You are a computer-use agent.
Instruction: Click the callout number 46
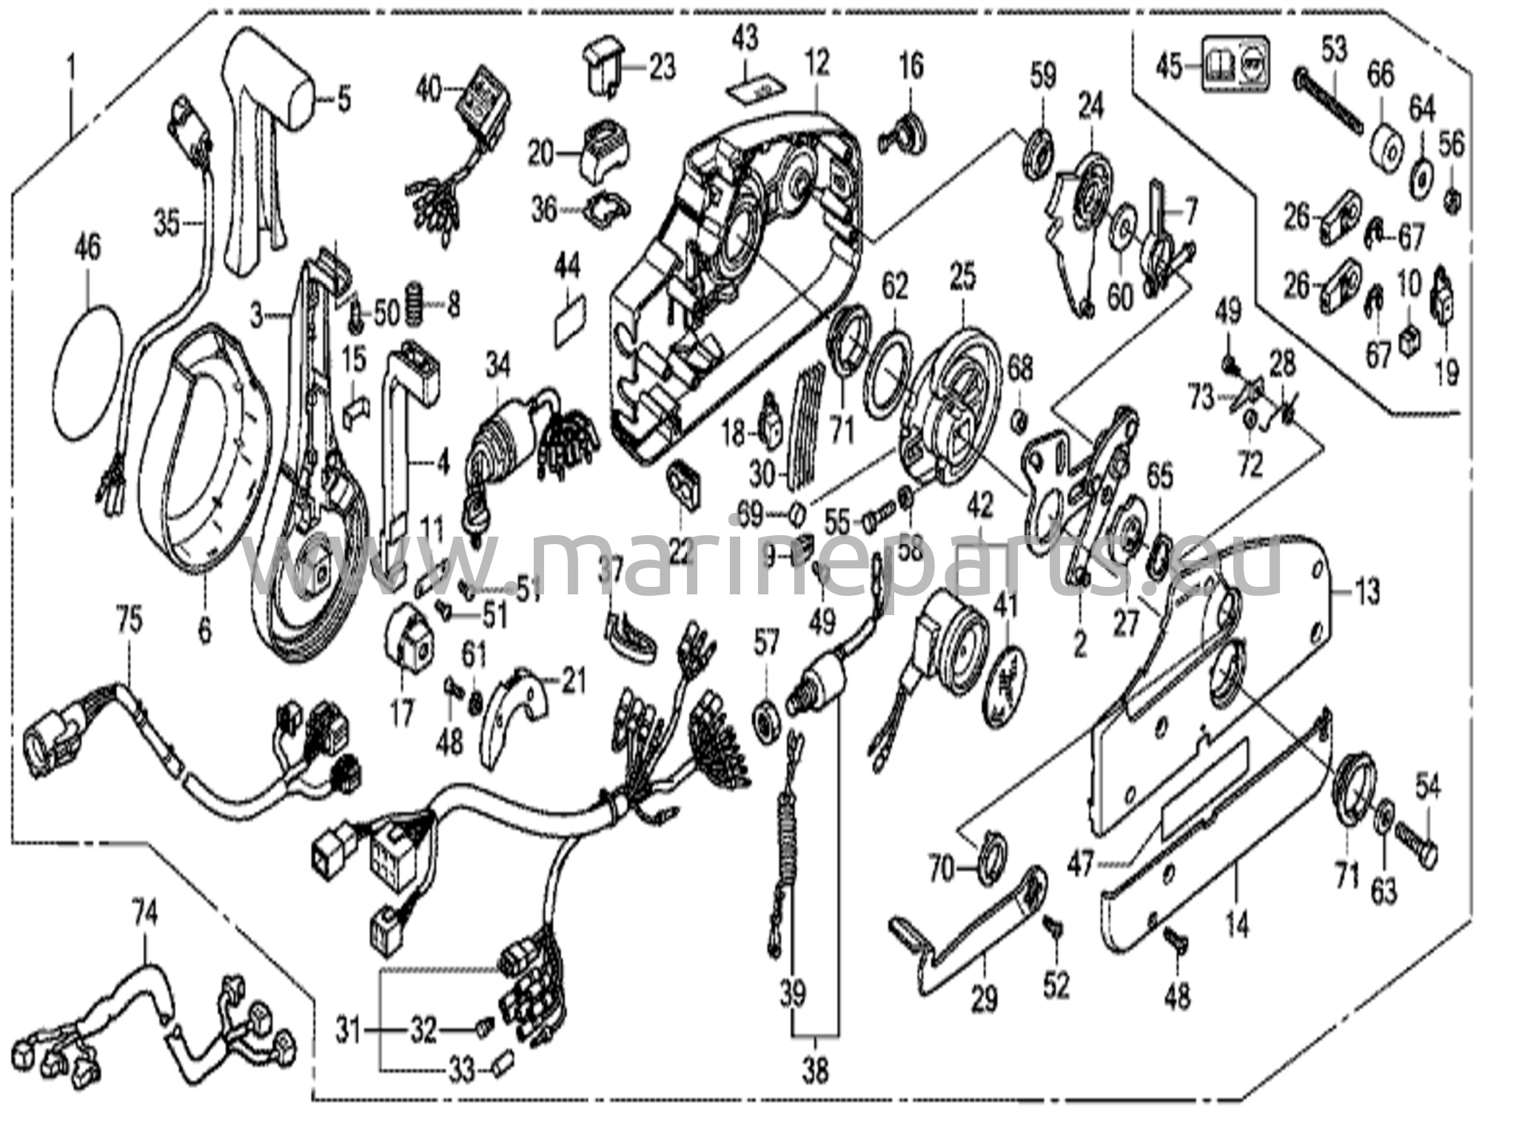[87, 247]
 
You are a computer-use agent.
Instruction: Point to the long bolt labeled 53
[1329, 100]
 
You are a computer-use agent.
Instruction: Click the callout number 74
[145, 916]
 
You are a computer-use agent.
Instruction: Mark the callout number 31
[349, 1030]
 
